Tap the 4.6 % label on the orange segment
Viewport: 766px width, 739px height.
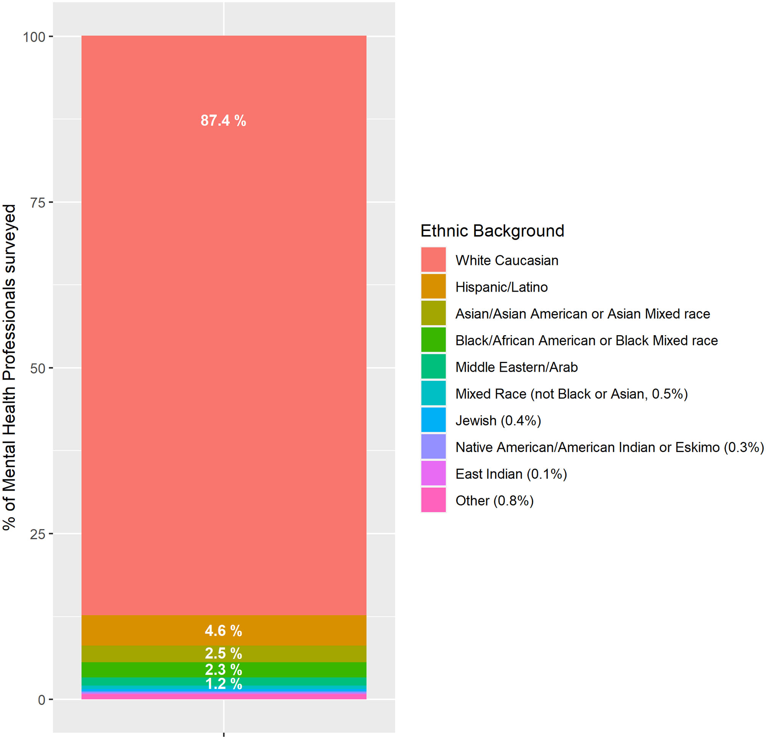[x=223, y=630]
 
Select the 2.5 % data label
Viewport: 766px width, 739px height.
[x=223, y=653]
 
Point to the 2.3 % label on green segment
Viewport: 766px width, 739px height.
[x=223, y=670]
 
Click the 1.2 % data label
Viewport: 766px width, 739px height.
[x=223, y=684]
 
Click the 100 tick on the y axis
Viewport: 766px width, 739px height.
[x=34, y=37]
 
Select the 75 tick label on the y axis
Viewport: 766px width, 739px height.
[x=38, y=203]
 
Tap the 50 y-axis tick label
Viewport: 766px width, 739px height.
[x=38, y=368]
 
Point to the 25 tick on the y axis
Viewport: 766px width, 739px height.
[x=38, y=534]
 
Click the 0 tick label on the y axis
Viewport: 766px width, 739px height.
[x=42, y=700]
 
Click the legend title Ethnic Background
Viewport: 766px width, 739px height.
[x=492, y=231]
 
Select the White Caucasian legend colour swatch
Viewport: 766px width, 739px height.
[x=433, y=260]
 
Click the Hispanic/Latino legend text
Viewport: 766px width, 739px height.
[x=501, y=287]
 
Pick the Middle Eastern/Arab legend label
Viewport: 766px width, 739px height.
[x=516, y=367]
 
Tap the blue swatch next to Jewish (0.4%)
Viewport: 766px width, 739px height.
[x=433, y=420]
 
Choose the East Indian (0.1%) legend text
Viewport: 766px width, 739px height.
[x=511, y=474]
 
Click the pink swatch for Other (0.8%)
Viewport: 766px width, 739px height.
[x=433, y=500]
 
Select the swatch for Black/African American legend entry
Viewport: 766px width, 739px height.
[x=433, y=340]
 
